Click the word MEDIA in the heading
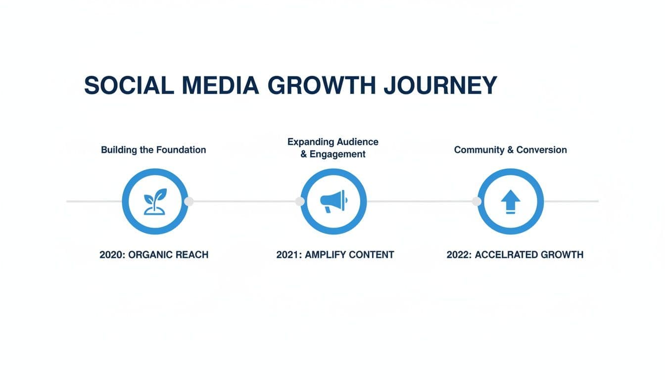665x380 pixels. pyautogui.click(x=220, y=86)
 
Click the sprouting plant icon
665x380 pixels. pyautogui.click(x=155, y=201)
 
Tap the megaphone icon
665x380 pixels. pyautogui.click(x=333, y=201)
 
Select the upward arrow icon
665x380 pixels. pyautogui.click(x=510, y=202)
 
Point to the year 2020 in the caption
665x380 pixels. pyautogui.click(x=112, y=255)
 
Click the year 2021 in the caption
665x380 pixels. pyautogui.click(x=288, y=255)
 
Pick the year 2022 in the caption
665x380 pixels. pyautogui.click(x=459, y=255)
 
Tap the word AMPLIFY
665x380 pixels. pyautogui.click(x=326, y=255)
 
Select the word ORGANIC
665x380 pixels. pyautogui.click(x=150, y=255)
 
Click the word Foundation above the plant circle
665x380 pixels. pyautogui.click(x=181, y=149)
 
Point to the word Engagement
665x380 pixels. pyautogui.click(x=337, y=154)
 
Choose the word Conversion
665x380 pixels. pyautogui.click(x=542, y=149)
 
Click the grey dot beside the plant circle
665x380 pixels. pyautogui.click(x=189, y=201)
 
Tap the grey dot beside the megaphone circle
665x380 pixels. pyautogui.click(x=299, y=201)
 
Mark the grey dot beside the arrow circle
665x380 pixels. pyautogui.click(x=476, y=201)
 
